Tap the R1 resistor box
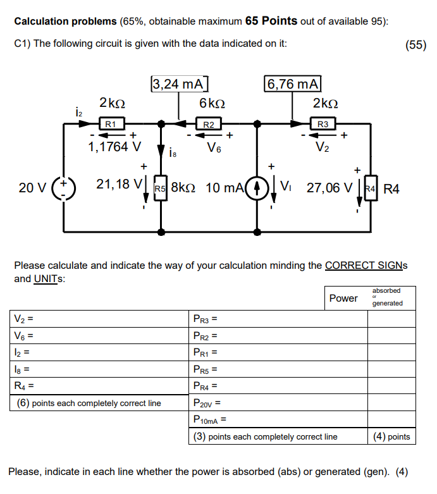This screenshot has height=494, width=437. (x=110, y=125)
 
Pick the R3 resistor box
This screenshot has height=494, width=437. (x=322, y=125)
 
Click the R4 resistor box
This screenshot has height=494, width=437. (x=371, y=188)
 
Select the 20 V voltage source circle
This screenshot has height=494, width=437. (x=64, y=188)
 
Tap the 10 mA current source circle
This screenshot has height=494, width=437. (x=257, y=188)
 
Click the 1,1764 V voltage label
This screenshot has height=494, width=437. (x=114, y=147)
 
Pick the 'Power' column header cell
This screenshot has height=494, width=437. (x=343, y=299)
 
